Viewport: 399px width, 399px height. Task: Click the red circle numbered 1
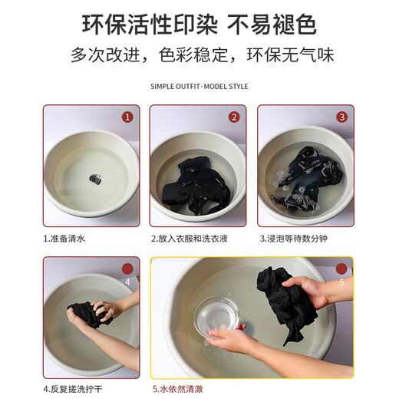[x=127, y=117]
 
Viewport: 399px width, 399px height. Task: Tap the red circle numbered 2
[x=234, y=117]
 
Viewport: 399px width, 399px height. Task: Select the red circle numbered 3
[x=342, y=117]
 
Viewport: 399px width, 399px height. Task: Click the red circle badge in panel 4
[x=127, y=269]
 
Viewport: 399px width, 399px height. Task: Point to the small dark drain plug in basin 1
[x=95, y=179]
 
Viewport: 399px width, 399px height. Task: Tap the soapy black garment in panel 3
[x=307, y=179]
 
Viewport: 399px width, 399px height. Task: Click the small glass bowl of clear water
[x=216, y=317]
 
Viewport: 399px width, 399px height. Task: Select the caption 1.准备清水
[x=64, y=239]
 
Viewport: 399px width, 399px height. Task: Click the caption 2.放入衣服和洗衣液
[x=190, y=239]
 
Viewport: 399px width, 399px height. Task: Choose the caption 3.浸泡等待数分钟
[x=294, y=239]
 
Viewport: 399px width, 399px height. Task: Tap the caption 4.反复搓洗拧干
[x=73, y=389]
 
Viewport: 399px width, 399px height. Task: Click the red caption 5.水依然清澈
[x=178, y=389]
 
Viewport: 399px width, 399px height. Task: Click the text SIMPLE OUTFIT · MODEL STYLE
[x=199, y=87]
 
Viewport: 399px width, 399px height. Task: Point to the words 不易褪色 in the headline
[x=272, y=25]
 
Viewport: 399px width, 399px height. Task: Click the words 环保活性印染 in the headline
[x=150, y=25]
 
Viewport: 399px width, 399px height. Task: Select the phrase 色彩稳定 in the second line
[x=193, y=54]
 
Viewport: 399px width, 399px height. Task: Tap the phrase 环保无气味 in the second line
[x=291, y=54]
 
